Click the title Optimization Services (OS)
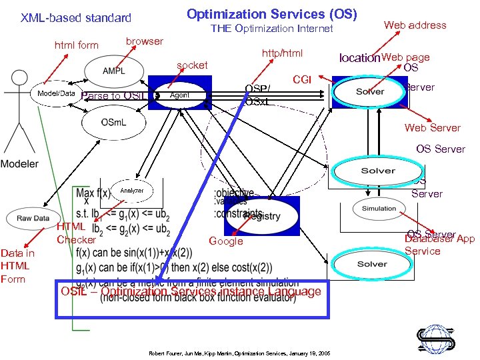[x=271, y=14]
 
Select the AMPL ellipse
[x=113, y=71]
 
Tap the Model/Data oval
[x=55, y=94]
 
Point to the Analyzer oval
[x=131, y=191]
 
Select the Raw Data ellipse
[x=33, y=218]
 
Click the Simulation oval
[x=379, y=209]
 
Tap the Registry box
[x=262, y=214]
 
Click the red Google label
[x=226, y=241]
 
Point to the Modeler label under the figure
[x=19, y=163]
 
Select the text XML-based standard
[x=75, y=18]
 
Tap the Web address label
[x=415, y=25]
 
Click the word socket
[x=192, y=65]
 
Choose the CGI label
[x=302, y=80]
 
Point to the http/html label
[x=282, y=53]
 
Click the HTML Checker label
[x=76, y=233]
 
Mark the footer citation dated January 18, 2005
[x=239, y=351]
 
